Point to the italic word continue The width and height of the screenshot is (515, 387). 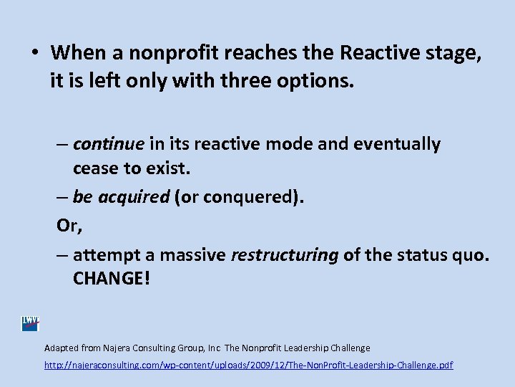click(x=109, y=144)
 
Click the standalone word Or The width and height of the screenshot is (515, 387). click(x=69, y=226)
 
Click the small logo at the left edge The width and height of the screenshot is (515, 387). click(x=30, y=324)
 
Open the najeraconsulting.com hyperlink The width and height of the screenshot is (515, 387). click(x=248, y=365)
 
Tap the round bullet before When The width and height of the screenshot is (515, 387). click(x=34, y=54)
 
